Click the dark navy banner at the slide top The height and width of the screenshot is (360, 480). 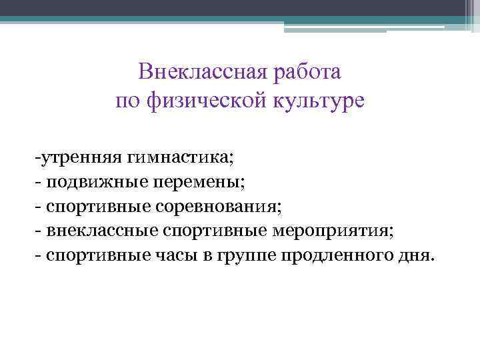(x=240, y=7)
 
